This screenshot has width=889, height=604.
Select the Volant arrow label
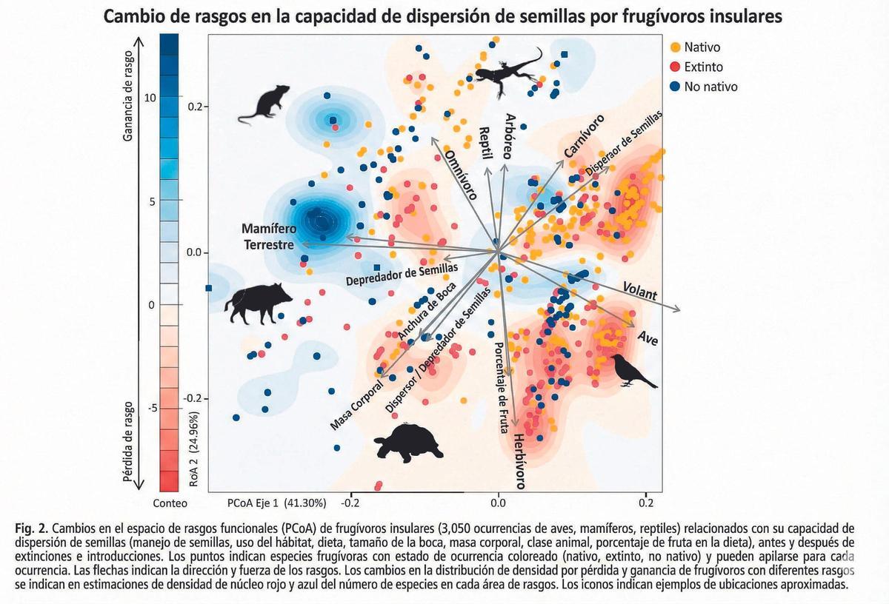(x=639, y=291)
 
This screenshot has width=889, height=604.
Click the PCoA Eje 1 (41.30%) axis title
(x=276, y=503)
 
